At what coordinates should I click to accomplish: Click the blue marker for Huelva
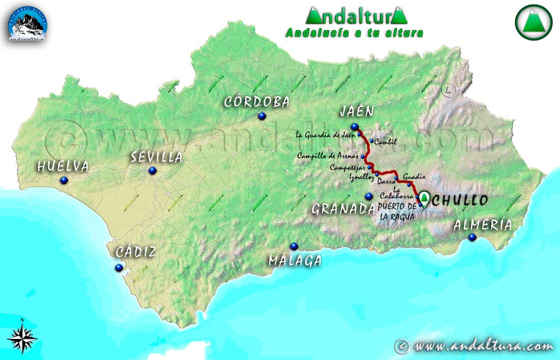[x=64, y=180]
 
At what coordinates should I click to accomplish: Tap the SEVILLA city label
[x=156, y=157]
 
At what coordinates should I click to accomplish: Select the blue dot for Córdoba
[x=262, y=116]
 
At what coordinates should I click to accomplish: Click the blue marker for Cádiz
[x=119, y=267]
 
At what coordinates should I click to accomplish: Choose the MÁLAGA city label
[x=295, y=261]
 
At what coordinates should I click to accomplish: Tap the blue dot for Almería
[x=472, y=237]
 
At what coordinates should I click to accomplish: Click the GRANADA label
[x=344, y=209]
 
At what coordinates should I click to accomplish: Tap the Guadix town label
[x=414, y=177]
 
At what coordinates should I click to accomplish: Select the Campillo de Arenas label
[x=329, y=156]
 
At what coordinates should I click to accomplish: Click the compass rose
[x=22, y=337]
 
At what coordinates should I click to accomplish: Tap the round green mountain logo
[x=534, y=22]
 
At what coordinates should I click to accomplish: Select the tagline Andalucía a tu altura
[x=355, y=33]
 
